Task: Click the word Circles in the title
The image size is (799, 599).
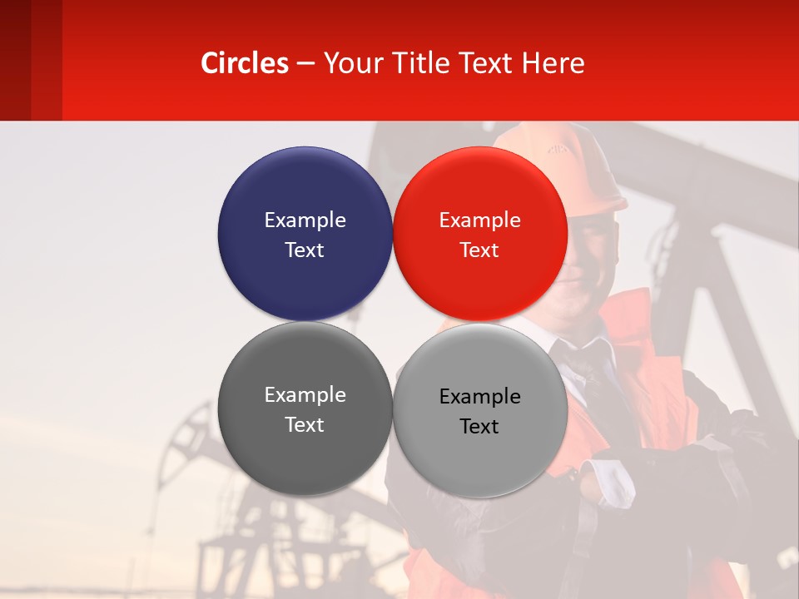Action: coord(245,63)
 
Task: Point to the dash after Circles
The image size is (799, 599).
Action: coord(305,64)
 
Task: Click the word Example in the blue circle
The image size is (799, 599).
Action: coord(305,220)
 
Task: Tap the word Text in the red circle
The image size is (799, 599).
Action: coord(479,250)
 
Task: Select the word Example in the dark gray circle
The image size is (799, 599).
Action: coord(305,394)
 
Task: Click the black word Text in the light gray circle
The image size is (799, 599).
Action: coord(479,427)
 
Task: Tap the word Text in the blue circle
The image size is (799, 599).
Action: coord(305,250)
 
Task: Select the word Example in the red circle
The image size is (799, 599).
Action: coord(479,220)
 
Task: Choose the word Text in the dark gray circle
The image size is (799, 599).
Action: coord(305,425)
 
